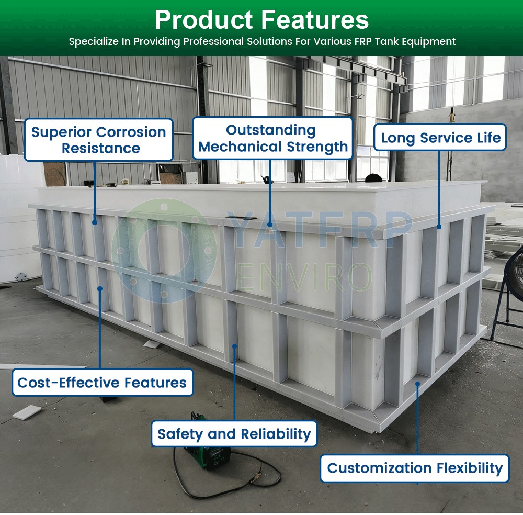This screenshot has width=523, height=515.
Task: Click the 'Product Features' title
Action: point(262,20)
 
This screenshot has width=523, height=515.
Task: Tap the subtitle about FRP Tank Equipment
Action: point(262,41)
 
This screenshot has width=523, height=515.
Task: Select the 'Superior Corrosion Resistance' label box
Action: point(99,140)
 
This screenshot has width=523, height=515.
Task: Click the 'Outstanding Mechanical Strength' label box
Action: point(272,138)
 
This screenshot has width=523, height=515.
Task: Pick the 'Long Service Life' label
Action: point(440,137)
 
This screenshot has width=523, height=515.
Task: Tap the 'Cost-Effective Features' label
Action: point(103,383)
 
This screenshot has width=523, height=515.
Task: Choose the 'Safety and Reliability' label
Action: point(234,433)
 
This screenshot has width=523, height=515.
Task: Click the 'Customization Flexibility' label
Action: point(415,468)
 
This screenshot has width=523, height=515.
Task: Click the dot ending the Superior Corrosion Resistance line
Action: point(95,222)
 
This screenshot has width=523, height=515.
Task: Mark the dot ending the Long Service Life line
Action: point(439,227)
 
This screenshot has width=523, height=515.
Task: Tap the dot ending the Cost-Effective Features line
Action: point(100,289)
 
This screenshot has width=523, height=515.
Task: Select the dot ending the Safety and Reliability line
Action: point(234,346)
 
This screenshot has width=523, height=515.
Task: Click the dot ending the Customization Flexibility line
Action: point(417,384)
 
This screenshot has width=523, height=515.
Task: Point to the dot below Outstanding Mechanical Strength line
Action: point(270,225)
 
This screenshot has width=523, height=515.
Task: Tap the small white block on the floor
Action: point(27,412)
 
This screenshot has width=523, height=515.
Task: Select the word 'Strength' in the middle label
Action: point(317,147)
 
